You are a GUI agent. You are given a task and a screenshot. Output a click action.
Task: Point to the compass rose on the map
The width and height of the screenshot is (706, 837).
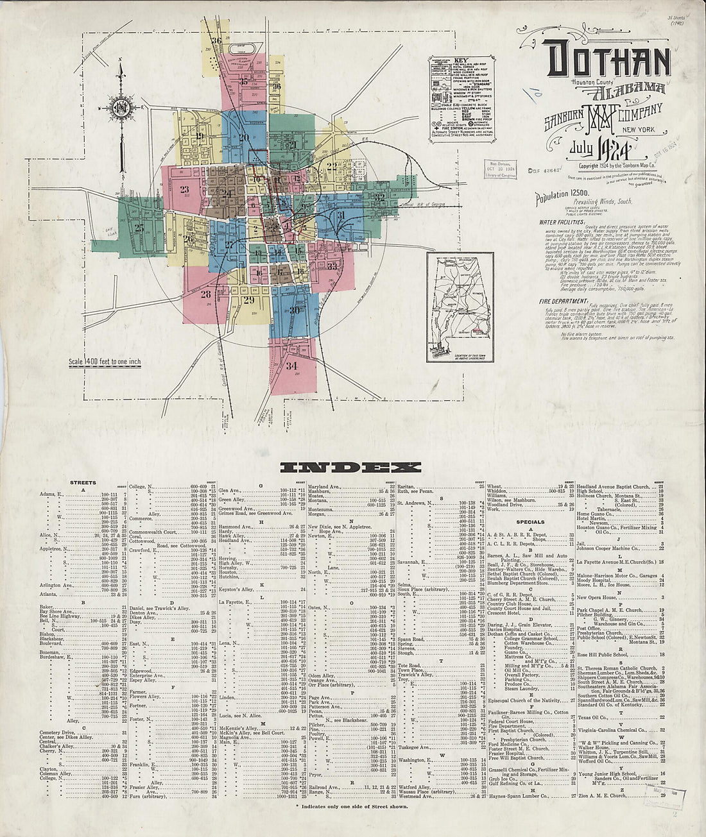click(120, 107)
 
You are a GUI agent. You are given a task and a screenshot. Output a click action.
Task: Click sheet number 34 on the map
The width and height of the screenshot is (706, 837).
click(293, 366)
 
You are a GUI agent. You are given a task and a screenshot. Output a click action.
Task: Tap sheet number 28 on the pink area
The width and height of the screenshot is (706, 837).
click(205, 294)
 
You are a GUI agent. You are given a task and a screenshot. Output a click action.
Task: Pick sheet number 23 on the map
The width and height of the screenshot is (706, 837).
click(185, 189)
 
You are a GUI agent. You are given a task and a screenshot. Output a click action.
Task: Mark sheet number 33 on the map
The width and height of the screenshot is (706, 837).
click(332, 266)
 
